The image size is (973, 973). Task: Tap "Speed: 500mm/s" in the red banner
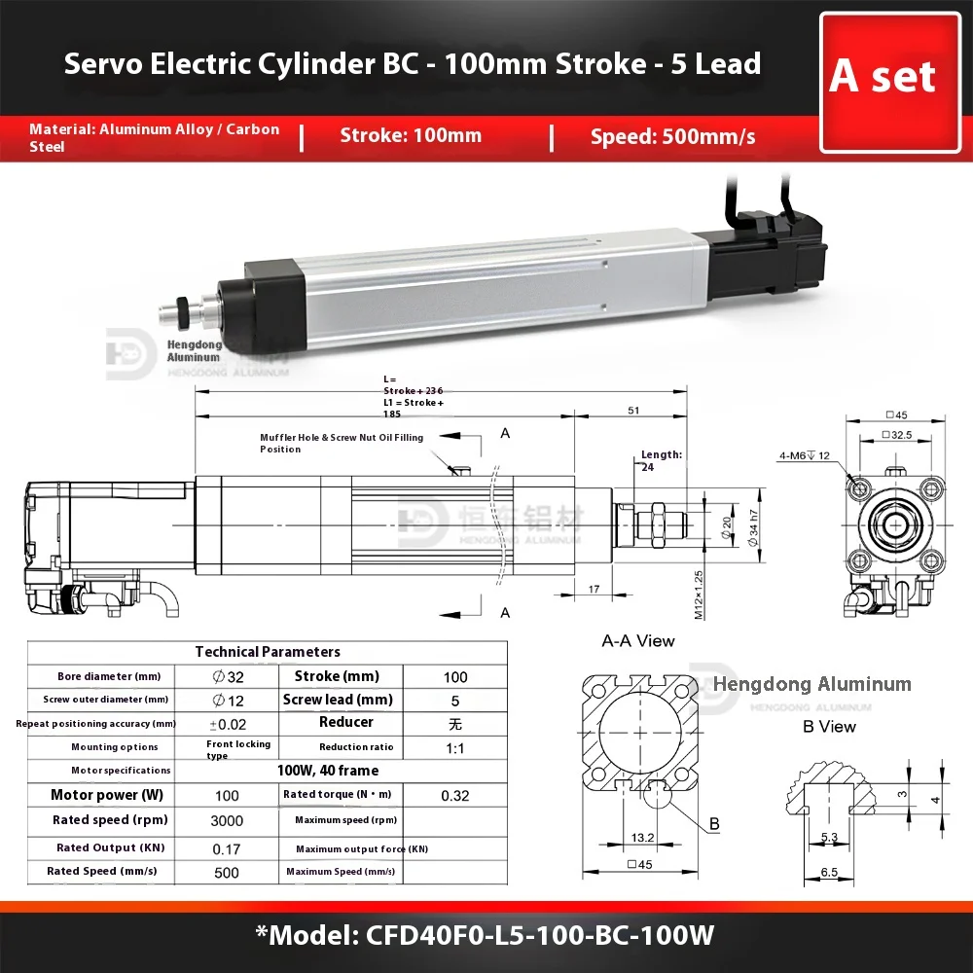[672, 136]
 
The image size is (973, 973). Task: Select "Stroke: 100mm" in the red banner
[411, 135]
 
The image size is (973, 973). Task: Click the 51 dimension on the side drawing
[632, 412]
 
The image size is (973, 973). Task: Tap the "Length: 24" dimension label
[662, 459]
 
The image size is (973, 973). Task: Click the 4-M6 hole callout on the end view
[803, 454]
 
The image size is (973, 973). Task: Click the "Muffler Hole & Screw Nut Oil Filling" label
[341, 443]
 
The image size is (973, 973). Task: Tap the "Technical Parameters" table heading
[268, 652]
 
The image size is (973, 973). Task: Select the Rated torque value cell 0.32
[454, 796]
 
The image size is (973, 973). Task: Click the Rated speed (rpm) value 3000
[227, 820]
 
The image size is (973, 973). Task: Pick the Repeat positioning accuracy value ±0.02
[227, 724]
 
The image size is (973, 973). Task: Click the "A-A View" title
[637, 641]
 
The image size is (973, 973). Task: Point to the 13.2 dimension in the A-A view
[641, 837]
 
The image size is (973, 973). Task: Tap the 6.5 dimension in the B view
[829, 873]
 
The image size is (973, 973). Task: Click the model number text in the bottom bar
[486, 936]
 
